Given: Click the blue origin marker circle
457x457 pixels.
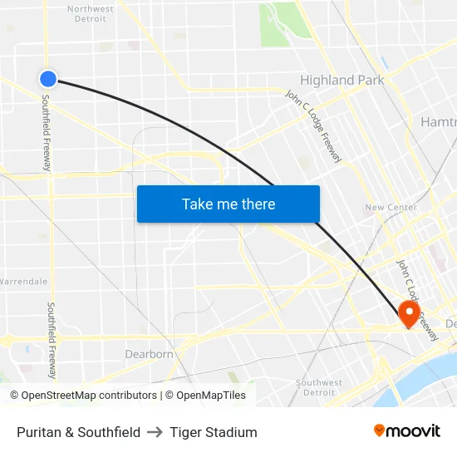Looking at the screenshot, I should coord(47,78).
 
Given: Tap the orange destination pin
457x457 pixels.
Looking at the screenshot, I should coord(408,312).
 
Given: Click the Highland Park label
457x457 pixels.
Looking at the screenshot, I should coord(342,81).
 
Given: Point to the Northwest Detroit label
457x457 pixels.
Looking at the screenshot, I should coord(91,13).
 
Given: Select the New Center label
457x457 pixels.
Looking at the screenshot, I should coord(385,207).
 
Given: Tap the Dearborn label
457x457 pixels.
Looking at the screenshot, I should coord(149,354).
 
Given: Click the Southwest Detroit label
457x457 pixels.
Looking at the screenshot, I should coord(319,387).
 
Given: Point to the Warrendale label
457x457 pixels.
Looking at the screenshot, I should coord(24,281).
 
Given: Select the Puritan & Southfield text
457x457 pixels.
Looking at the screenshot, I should coord(78,432).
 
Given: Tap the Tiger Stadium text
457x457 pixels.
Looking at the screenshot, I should coord(214,432).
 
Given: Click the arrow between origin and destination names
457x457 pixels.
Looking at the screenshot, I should coord(155,432).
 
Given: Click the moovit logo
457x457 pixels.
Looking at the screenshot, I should coord(407,430).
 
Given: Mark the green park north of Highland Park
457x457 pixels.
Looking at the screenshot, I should coord(283,23).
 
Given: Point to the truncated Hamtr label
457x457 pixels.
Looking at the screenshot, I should coord(438,121).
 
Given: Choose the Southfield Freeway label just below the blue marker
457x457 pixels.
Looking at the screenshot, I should coord(47,133).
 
